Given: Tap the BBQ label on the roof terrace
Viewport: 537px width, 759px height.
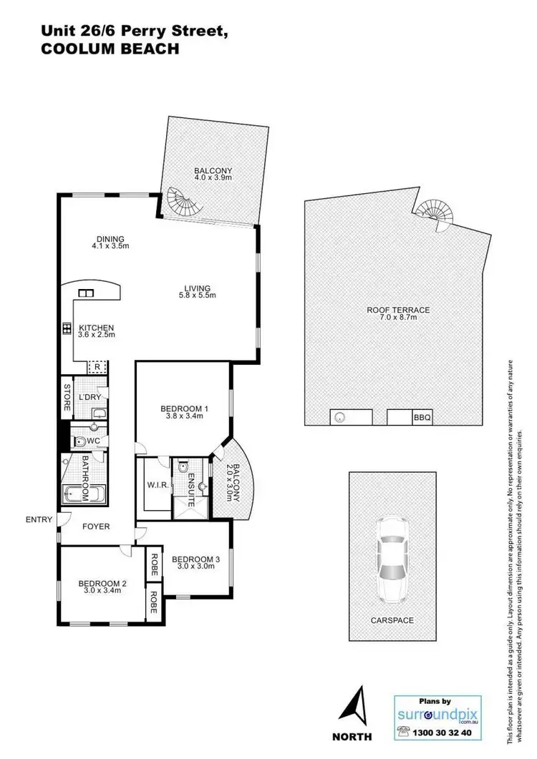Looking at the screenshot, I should pyautogui.click(x=422, y=418).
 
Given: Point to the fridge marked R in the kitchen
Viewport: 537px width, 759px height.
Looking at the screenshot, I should pyautogui.click(x=97, y=367).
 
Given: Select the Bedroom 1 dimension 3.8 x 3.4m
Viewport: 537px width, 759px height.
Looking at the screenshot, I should pyautogui.click(x=184, y=416).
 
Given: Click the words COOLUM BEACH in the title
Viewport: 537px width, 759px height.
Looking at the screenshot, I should pyautogui.click(x=110, y=49).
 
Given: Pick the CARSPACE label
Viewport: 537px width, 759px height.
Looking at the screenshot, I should pyautogui.click(x=392, y=620).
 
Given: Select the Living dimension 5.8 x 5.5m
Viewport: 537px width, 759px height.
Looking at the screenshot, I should pyautogui.click(x=196, y=295).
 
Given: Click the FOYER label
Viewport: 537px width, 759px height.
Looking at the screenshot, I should pyautogui.click(x=97, y=527).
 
